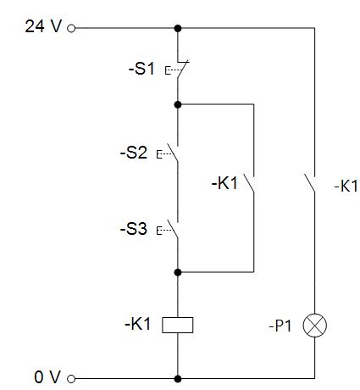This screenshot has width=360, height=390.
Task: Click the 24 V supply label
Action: click(43, 26)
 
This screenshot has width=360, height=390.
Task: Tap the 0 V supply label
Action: click(47, 377)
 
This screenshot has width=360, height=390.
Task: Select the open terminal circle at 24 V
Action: click(71, 28)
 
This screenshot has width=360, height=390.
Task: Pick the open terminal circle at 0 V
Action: click(71, 379)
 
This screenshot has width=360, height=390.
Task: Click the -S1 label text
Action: click(141, 69)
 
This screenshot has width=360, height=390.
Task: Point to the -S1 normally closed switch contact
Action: click(180, 70)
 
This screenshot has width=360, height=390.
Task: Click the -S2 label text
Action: click(134, 153)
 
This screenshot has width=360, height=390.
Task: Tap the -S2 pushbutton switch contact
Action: click(172, 153)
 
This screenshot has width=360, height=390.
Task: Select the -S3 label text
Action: click(134, 229)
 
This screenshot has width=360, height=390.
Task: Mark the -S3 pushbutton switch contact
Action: click(172, 230)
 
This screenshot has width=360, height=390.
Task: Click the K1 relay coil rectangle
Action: click(178, 325)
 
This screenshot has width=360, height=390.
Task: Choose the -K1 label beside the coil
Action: click(138, 324)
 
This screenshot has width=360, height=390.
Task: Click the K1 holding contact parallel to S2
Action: click(249, 184)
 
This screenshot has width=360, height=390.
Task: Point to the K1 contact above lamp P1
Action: click(310, 184)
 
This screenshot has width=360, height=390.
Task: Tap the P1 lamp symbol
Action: click(315, 326)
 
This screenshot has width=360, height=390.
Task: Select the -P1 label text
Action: click(280, 326)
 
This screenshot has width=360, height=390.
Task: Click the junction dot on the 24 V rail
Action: click(178, 28)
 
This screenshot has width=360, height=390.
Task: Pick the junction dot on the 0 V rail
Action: click(178, 379)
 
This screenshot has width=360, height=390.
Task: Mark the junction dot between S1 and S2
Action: click(178, 104)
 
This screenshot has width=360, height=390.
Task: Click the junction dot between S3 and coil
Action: click(178, 272)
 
